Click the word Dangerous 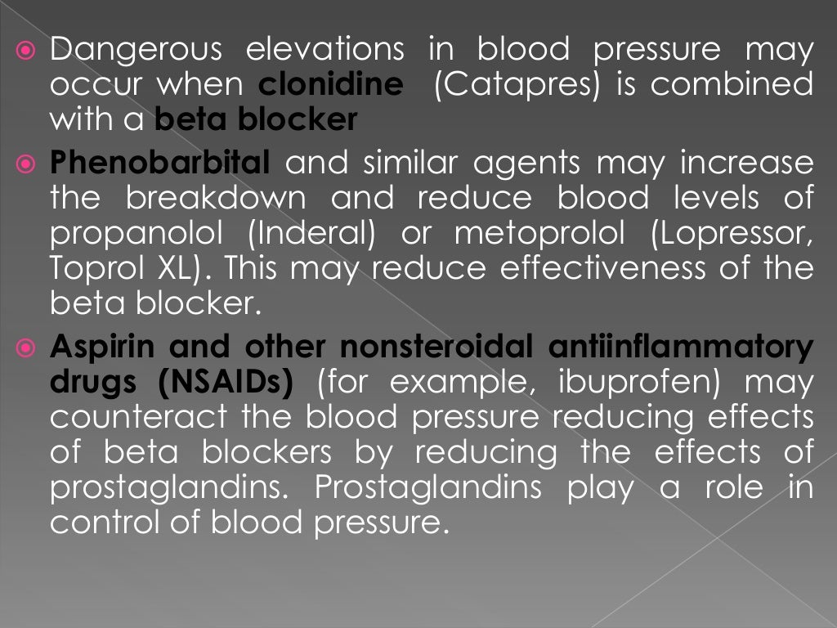pos(135,51)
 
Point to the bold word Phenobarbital pos(159,164)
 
